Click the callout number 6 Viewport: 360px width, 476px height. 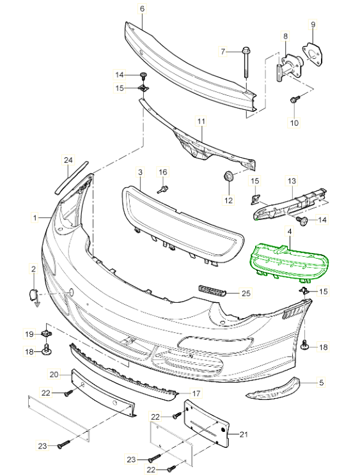click(x=142, y=9)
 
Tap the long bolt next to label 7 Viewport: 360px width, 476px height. click(x=245, y=63)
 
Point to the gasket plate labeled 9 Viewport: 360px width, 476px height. click(x=312, y=54)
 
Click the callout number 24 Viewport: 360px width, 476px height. click(x=68, y=160)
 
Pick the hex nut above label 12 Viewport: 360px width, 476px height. click(x=228, y=176)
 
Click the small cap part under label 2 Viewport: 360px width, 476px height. click(x=33, y=295)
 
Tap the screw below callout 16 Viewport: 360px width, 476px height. click(x=163, y=189)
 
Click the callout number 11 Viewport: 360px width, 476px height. click(x=201, y=122)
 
